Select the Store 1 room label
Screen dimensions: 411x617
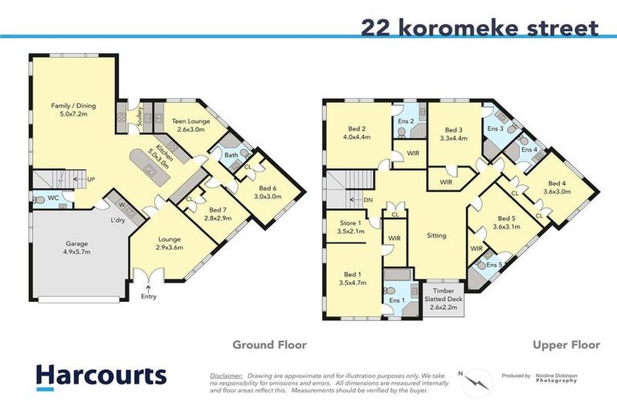click(349, 226)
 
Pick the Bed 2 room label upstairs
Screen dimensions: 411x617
click(358, 133)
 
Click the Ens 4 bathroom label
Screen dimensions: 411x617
click(529, 149)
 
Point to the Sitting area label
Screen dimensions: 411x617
click(436, 235)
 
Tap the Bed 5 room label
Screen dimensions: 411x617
click(505, 222)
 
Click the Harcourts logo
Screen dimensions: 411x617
click(101, 375)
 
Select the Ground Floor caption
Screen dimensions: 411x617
click(269, 345)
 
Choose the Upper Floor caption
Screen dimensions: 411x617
click(566, 345)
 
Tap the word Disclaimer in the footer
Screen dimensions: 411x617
click(226, 375)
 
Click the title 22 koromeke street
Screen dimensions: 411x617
click(480, 27)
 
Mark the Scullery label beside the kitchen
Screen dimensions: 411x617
click(140, 118)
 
